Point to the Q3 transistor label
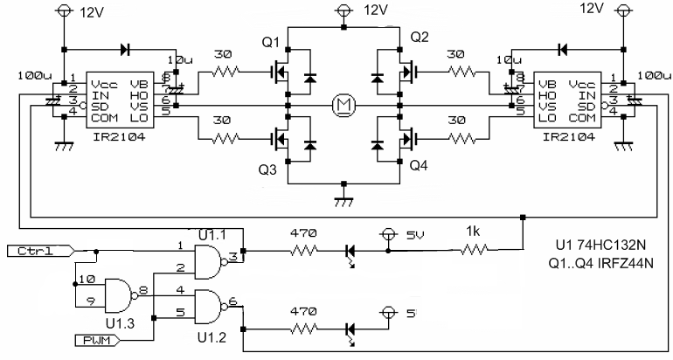[268, 171]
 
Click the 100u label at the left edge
[30, 75]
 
